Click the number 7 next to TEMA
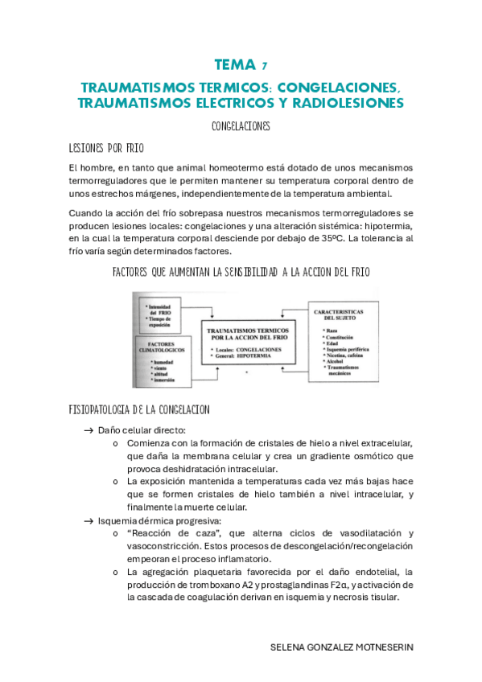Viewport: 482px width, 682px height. pos(266,67)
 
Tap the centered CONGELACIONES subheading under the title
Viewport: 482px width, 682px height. pos(241,127)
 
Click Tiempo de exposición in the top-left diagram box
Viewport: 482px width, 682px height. pos(166,319)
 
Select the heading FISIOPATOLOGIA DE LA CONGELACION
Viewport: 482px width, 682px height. pos(140,410)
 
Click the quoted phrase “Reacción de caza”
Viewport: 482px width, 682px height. pos(167,534)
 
